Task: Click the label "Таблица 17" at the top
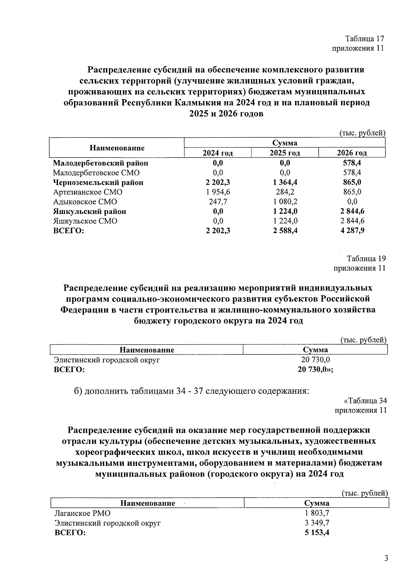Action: tap(364, 39)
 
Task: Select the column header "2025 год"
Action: tap(285, 153)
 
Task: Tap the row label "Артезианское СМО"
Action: tap(88, 192)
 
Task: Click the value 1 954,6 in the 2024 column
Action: tap(218, 192)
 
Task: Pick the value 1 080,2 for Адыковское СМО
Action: tap(285, 202)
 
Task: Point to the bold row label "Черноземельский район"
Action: tap(98, 183)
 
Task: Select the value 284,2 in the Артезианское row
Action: tap(285, 192)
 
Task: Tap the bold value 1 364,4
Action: tap(285, 183)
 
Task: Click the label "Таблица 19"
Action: tap(366, 259)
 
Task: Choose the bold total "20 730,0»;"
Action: tap(315, 369)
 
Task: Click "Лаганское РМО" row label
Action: tap(83, 513)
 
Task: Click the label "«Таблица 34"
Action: tap(365, 401)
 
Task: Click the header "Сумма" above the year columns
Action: tap(285, 143)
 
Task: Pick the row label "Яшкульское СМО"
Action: tap(85, 221)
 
